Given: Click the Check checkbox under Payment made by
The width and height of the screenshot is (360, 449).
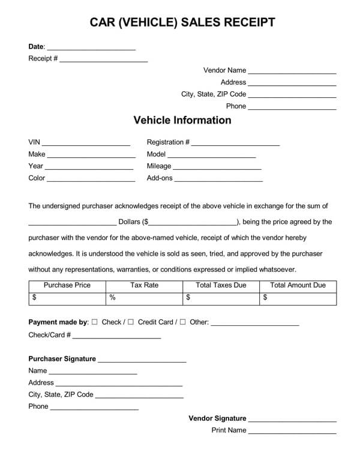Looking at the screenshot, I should pyautogui.click(x=95, y=322).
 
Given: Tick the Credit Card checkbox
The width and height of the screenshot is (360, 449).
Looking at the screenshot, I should pyautogui.click(x=131, y=322).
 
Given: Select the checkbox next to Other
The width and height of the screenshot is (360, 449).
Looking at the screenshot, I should pyautogui.click(x=182, y=322).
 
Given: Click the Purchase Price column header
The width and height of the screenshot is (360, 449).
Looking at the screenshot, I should pyautogui.click(x=67, y=285).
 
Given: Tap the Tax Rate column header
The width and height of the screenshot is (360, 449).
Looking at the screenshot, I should pyautogui.click(x=144, y=285).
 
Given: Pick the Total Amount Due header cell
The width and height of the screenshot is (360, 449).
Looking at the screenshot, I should pyautogui.click(x=298, y=285).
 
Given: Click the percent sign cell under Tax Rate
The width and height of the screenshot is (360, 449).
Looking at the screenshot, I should pyautogui.click(x=144, y=297).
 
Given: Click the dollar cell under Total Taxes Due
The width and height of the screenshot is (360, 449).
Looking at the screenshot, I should pyautogui.click(x=221, y=297).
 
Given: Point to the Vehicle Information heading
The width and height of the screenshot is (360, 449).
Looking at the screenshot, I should pyautogui.click(x=182, y=120).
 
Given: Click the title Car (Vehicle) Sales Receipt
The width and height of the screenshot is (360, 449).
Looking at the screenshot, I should pyautogui.click(x=182, y=23).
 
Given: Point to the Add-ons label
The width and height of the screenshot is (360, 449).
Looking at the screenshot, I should pyautogui.click(x=160, y=178).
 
